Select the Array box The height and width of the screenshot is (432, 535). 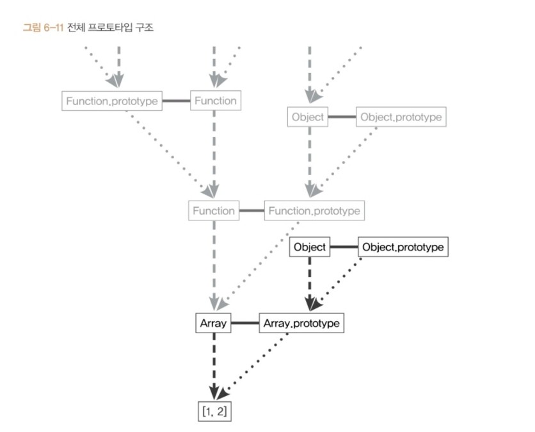click(x=213, y=324)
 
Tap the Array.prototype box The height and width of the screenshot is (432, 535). click(x=301, y=324)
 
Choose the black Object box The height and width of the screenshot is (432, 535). click(x=310, y=247)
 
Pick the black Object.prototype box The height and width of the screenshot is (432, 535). click(x=403, y=247)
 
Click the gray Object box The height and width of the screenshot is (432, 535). click(x=308, y=117)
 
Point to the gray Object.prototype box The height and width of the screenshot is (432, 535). click(x=400, y=117)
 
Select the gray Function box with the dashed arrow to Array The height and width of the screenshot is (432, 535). click(x=214, y=210)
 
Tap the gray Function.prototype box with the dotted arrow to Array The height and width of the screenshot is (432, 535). click(x=314, y=210)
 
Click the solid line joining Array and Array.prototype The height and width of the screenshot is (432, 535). click(x=244, y=324)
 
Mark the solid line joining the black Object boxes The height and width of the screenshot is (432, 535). click(x=344, y=247)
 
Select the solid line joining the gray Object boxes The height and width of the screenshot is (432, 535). click(x=342, y=117)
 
